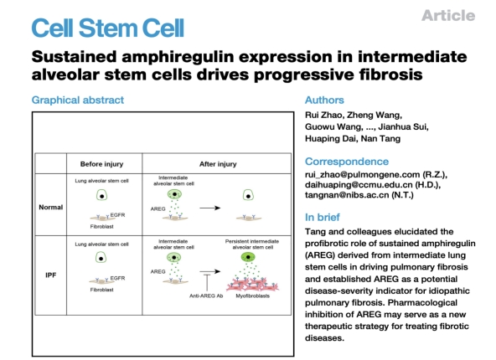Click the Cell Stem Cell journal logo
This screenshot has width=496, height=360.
click(x=107, y=28)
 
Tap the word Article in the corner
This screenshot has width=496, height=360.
click(x=448, y=15)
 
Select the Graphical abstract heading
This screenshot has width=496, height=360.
click(x=78, y=100)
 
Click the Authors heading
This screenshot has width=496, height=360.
click(x=324, y=100)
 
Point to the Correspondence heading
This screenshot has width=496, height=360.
click(x=347, y=162)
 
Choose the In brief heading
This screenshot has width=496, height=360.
click(x=323, y=217)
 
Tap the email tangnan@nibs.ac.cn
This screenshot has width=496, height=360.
click(x=347, y=195)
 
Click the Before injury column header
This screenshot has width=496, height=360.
click(x=101, y=164)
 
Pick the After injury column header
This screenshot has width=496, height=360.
click(x=218, y=164)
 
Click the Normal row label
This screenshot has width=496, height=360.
click(x=50, y=208)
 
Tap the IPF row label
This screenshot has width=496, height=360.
click(x=50, y=275)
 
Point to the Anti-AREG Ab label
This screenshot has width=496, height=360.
click(x=206, y=296)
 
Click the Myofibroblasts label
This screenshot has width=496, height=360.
click(x=252, y=296)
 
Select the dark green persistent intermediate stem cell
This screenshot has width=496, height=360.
click(x=248, y=257)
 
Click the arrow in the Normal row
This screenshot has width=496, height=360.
click(x=210, y=208)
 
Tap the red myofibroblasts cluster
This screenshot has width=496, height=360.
click(x=252, y=284)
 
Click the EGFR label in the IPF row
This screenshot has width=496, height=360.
click(x=117, y=278)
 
